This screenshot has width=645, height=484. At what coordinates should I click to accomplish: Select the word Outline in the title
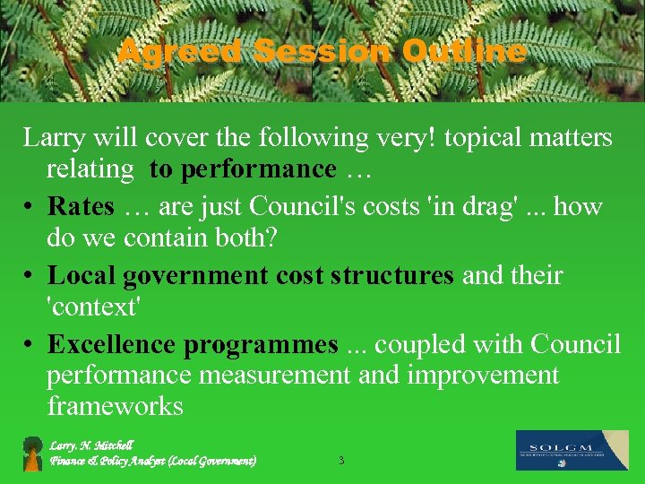(x=464, y=52)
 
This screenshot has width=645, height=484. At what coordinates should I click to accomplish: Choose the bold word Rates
(x=82, y=206)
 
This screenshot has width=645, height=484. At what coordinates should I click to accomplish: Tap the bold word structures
(x=392, y=275)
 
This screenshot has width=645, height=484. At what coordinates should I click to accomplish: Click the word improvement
(x=483, y=376)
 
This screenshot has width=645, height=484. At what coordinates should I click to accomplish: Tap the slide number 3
(x=340, y=461)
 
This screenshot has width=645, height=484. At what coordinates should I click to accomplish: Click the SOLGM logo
(x=572, y=450)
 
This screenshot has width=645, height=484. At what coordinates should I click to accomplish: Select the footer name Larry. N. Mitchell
(x=91, y=445)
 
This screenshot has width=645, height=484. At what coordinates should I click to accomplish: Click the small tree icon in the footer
(x=33, y=454)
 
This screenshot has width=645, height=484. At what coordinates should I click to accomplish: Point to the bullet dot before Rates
(x=30, y=207)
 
